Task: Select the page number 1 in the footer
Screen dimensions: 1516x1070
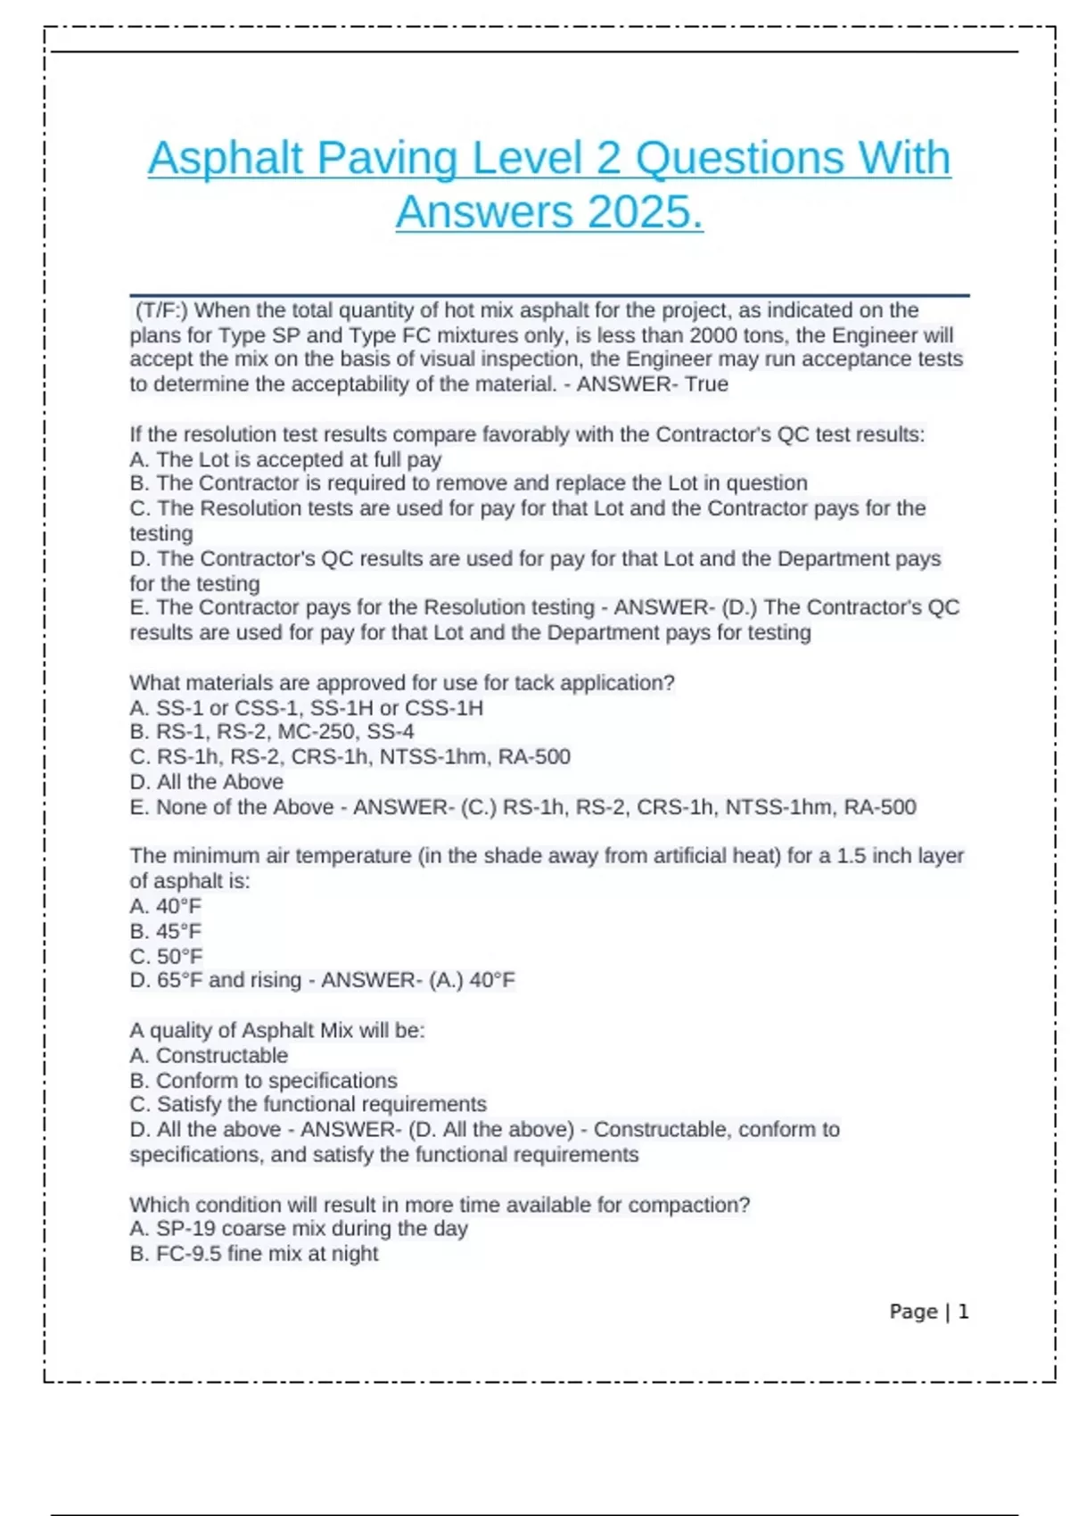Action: (963, 1312)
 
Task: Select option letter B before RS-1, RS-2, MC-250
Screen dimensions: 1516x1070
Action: (139, 732)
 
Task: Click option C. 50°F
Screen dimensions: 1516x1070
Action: (167, 956)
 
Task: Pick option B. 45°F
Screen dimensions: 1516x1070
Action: (167, 931)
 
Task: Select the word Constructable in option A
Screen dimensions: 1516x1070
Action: (222, 1056)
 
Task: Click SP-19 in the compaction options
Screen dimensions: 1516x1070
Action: (186, 1229)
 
